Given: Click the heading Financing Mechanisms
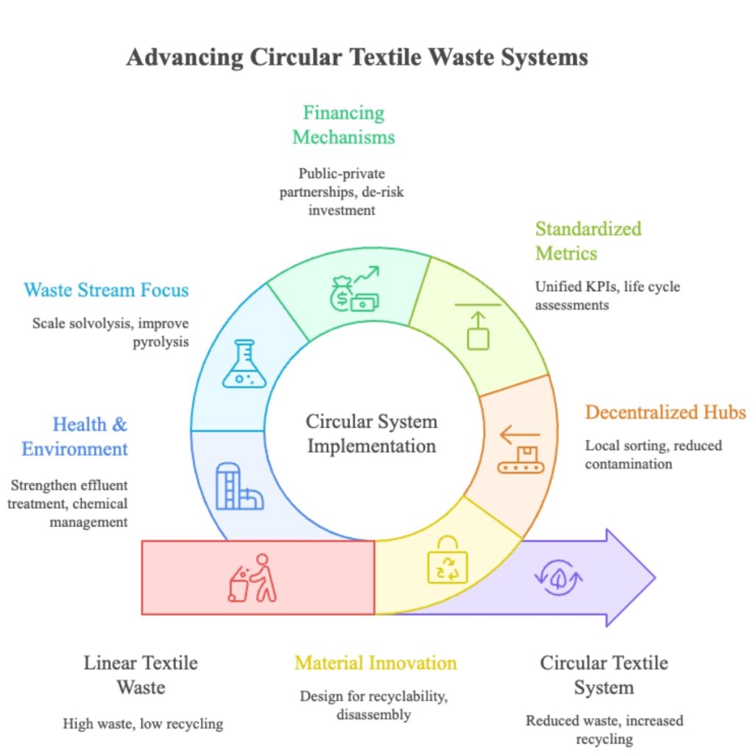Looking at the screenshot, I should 343,125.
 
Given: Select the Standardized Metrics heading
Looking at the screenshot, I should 588,240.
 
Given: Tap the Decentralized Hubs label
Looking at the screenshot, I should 665,412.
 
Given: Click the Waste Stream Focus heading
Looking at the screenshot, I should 107,290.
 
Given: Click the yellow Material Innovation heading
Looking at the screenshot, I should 376,663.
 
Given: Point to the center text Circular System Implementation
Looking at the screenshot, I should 371,433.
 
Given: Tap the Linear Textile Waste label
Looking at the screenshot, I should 140,675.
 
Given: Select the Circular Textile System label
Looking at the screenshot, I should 604,675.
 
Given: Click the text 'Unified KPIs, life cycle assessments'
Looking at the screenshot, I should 607,295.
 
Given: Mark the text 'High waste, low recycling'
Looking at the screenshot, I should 143,724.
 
